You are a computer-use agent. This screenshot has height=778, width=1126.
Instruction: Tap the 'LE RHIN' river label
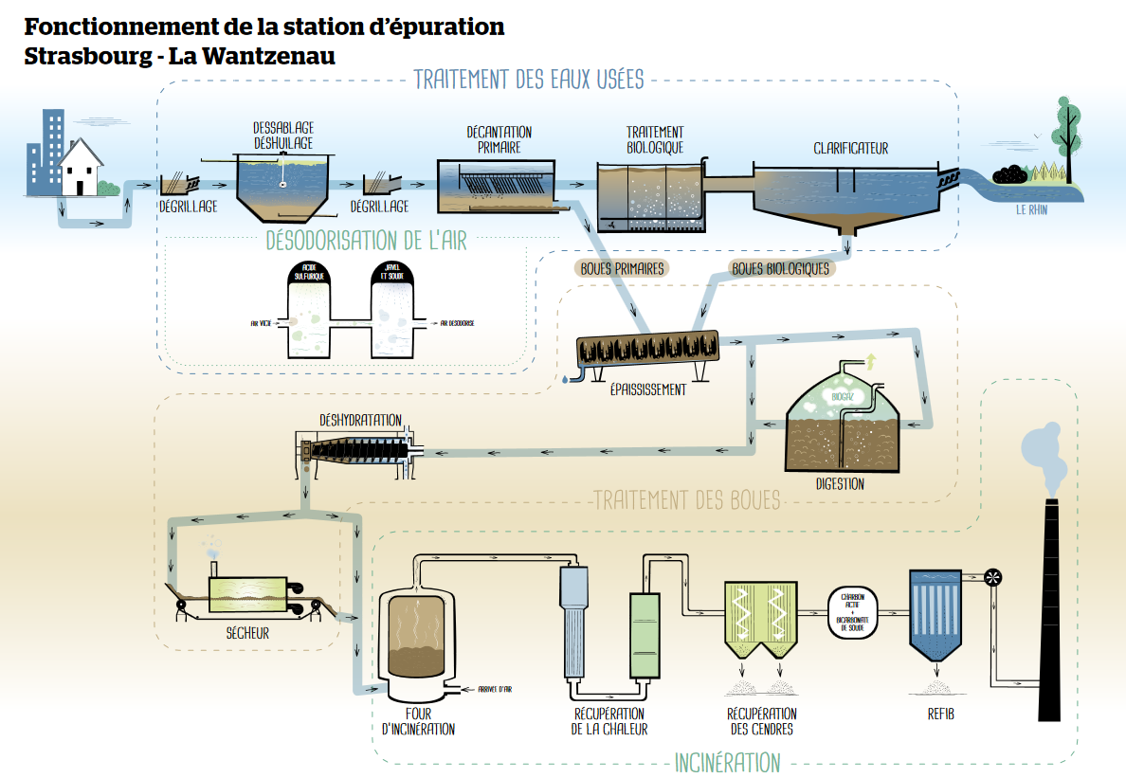tap(1033, 211)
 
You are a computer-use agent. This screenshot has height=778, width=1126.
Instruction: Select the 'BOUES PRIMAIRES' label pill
tap(622, 268)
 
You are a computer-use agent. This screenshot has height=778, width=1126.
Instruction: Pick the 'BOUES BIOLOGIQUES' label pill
tap(780, 268)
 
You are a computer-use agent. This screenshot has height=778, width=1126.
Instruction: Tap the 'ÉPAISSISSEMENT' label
tap(648, 389)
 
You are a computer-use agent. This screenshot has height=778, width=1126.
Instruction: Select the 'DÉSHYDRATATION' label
tap(360, 420)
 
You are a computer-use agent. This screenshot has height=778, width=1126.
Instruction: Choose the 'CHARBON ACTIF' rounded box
tap(853, 611)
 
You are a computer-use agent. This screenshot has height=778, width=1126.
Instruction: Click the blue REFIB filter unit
tap(936, 616)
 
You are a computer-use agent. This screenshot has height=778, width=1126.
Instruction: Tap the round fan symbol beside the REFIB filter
tap(993, 576)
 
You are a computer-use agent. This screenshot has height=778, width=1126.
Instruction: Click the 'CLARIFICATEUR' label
tap(850, 149)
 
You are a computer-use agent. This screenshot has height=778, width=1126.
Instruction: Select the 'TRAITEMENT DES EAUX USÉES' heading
tap(529, 80)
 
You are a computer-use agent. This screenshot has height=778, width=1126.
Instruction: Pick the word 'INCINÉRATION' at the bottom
tap(727, 762)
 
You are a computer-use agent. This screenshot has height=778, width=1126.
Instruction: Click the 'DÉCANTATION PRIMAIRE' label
tap(499, 139)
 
